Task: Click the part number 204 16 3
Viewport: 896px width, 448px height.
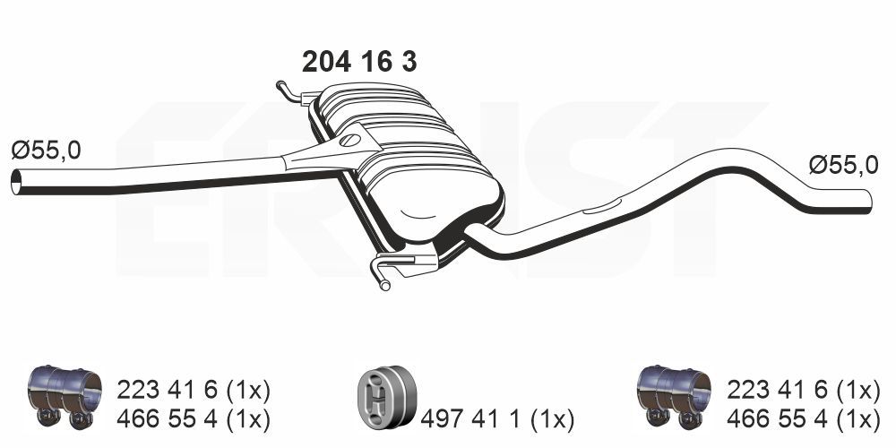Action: [x=359, y=62]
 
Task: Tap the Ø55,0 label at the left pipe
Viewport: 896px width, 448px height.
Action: [x=46, y=151]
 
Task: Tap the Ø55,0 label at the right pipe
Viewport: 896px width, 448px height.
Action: [x=842, y=165]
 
